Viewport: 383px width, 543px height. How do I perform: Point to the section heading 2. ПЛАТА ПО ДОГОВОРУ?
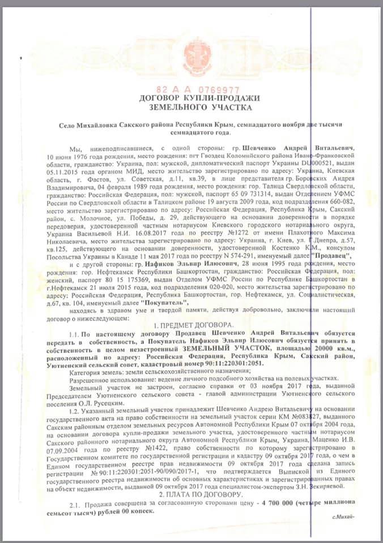pyautogui.click(x=191, y=492)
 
